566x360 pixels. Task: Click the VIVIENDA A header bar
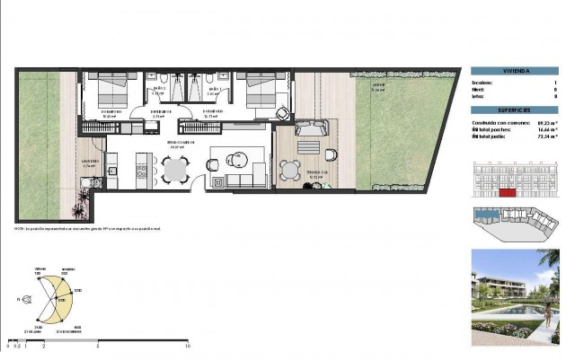[515, 71]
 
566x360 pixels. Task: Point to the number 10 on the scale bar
[187, 345]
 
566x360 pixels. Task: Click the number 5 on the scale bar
[97, 345]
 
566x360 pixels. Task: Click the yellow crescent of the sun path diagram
[59, 297]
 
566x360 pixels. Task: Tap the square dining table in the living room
[174, 167]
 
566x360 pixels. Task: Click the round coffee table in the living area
[235, 160]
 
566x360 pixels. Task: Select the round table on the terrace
[290, 168]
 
